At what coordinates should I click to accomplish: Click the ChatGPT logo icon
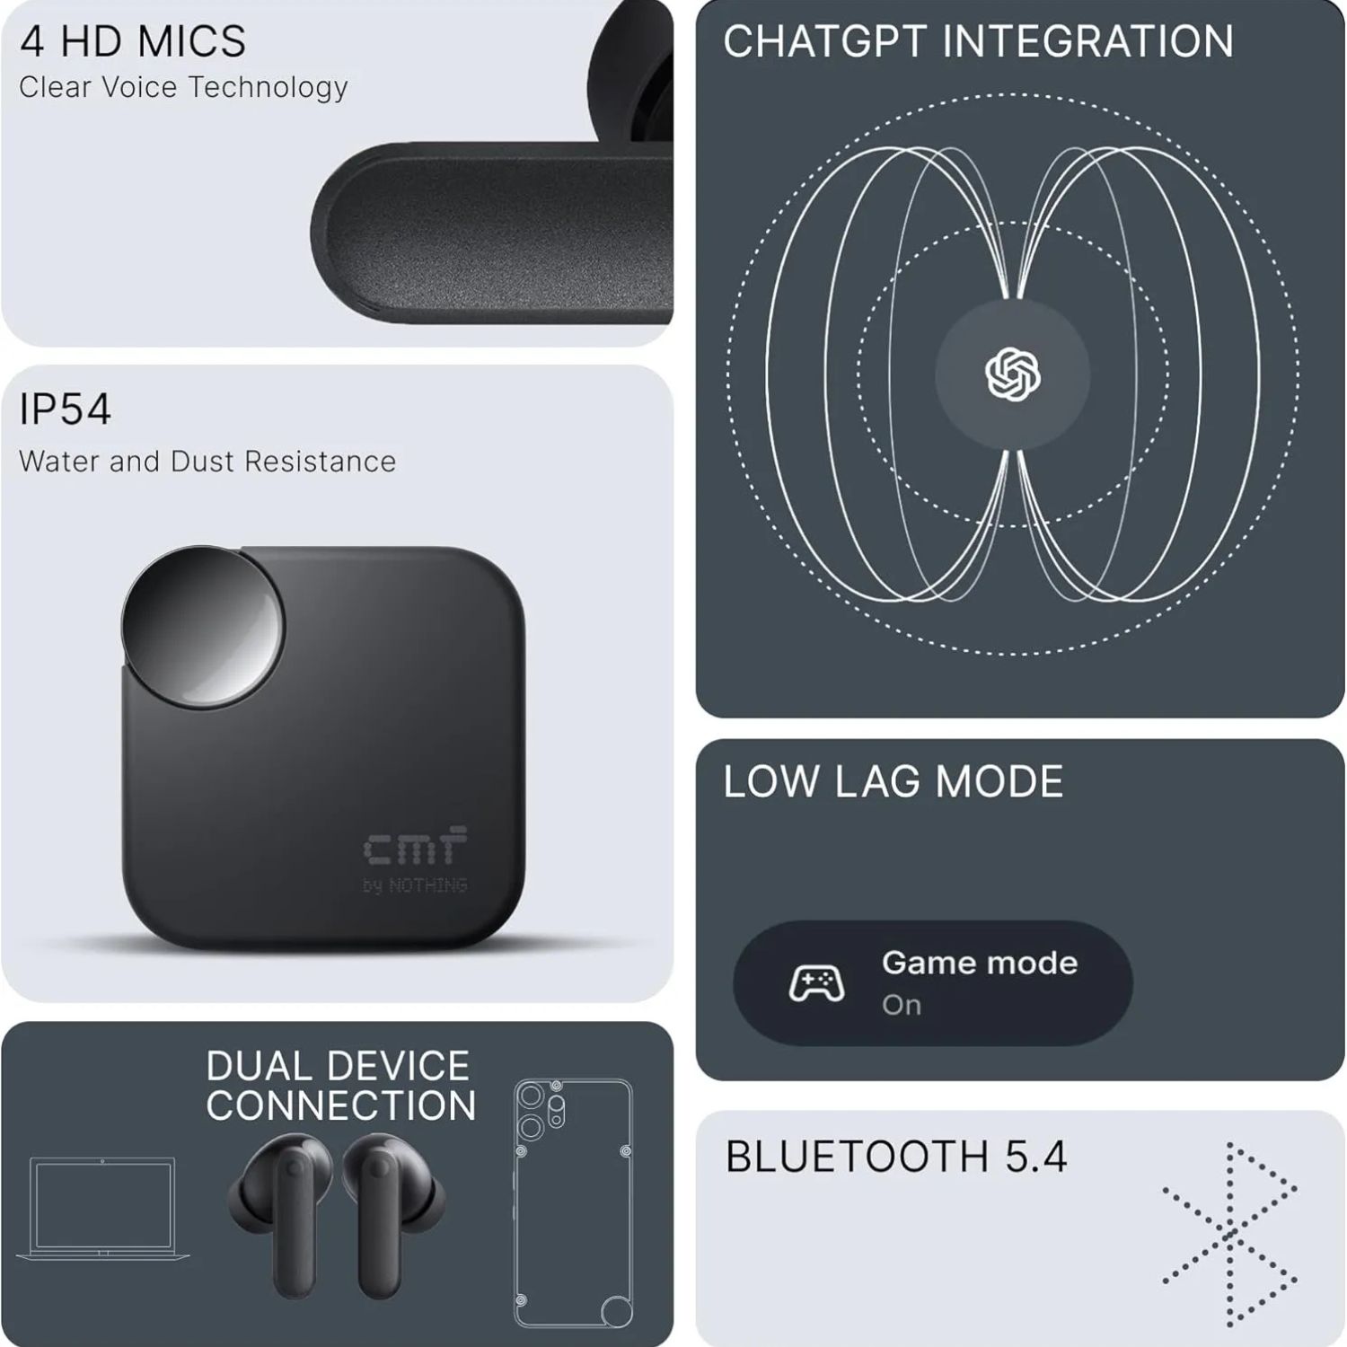(1013, 374)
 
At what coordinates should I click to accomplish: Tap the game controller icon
(816, 983)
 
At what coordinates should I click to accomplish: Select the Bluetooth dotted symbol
(1229, 1234)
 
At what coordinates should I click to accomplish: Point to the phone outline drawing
(573, 1203)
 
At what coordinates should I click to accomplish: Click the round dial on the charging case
(203, 626)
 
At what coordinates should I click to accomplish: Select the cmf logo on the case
(415, 845)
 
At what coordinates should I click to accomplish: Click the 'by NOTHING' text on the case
(415, 885)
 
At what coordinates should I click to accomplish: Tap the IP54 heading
(65, 409)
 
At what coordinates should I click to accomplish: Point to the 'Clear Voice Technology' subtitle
(183, 87)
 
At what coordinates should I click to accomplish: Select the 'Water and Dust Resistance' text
(207, 461)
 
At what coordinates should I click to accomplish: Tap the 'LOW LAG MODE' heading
(894, 781)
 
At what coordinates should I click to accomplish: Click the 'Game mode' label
(980, 963)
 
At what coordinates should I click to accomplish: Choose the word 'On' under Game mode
(902, 1005)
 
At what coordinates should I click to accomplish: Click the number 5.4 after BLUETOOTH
(1036, 1157)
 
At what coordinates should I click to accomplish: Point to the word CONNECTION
(341, 1105)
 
